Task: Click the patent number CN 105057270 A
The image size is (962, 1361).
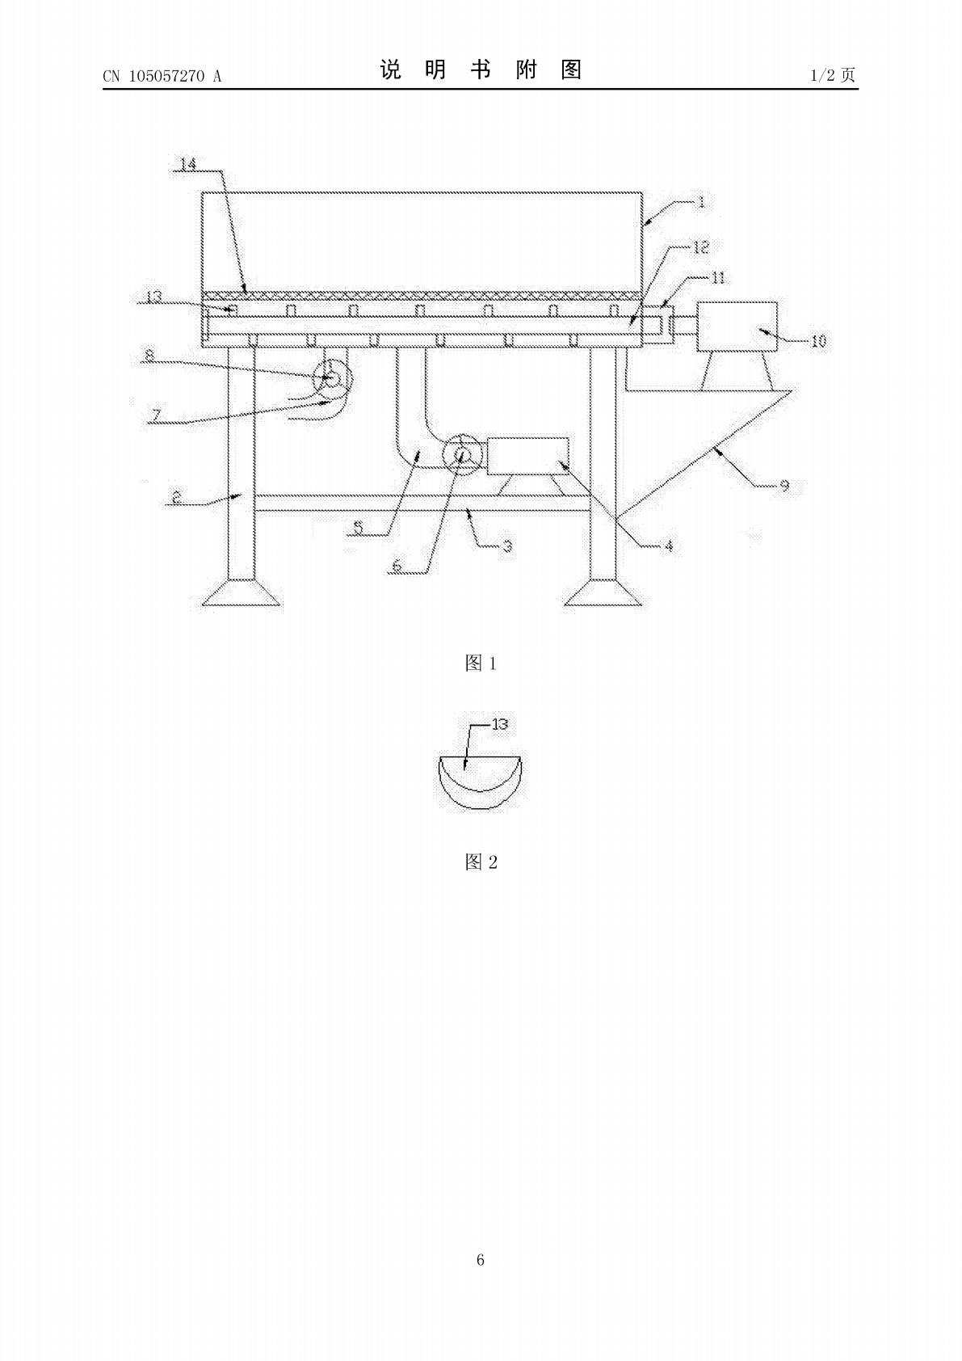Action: (162, 76)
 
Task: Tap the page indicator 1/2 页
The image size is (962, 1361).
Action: (834, 75)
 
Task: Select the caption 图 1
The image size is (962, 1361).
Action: (481, 663)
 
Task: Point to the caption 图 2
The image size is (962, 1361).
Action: (481, 862)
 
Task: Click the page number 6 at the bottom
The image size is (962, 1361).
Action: (481, 1259)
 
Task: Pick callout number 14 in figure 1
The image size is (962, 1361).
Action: (189, 164)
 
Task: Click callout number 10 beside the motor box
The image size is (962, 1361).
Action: (819, 342)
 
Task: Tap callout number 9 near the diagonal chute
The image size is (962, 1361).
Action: (784, 486)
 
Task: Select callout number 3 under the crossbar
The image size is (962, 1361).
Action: (508, 546)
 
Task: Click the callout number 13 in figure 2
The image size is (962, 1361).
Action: (500, 724)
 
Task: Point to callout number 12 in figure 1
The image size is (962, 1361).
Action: (701, 247)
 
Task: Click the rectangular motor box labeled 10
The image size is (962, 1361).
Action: (737, 327)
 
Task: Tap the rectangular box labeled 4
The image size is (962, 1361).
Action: (527, 456)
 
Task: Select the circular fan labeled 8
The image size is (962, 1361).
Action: (332, 378)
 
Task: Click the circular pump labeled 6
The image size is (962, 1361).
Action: (462, 454)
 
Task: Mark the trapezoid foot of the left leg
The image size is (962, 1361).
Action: (242, 592)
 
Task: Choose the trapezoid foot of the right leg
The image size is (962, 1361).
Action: (603, 592)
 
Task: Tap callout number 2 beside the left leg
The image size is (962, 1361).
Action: (177, 497)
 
